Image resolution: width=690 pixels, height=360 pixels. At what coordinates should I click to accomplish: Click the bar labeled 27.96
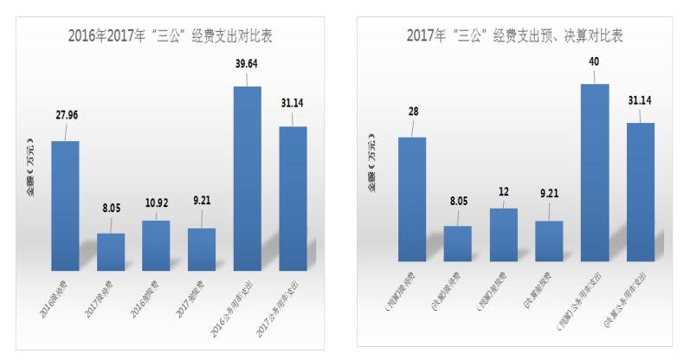point(65,205)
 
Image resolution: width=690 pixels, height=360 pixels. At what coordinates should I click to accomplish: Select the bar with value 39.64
point(247,177)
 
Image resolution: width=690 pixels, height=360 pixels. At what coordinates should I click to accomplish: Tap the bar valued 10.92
point(156,245)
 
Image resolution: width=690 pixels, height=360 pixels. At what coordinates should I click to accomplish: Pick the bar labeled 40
point(594,172)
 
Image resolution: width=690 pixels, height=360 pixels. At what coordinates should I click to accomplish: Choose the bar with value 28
point(412,199)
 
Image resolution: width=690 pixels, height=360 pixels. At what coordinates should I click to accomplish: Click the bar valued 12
point(503,235)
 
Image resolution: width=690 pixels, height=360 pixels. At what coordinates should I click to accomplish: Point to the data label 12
point(503,190)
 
